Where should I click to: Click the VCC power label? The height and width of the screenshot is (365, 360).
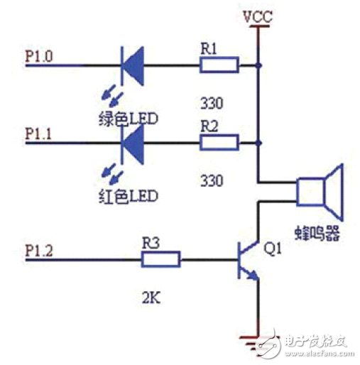point(258,16)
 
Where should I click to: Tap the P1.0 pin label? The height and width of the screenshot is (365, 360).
point(39,56)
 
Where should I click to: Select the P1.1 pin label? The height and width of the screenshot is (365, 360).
point(38,134)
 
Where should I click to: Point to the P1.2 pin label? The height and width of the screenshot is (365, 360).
point(39,251)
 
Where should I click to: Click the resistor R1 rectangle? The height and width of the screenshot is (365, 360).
point(219,65)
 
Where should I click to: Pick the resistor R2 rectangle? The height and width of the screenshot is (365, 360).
point(219,143)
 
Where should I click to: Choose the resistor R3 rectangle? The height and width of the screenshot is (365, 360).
point(161,259)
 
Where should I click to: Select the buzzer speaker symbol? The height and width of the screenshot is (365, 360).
point(320,192)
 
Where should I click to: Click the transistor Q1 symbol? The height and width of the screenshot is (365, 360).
point(249,260)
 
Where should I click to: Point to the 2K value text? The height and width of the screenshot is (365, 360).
point(151,298)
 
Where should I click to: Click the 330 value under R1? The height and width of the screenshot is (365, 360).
point(212,103)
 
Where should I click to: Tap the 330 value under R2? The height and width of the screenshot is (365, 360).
point(212,180)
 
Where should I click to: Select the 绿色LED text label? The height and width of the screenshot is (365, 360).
point(128,119)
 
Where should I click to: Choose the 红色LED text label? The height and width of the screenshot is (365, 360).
point(128,196)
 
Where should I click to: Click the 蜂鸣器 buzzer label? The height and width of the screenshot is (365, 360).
point(317,233)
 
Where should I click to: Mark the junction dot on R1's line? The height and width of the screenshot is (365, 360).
point(258,65)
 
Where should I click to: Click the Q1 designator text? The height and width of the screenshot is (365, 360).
point(273,249)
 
